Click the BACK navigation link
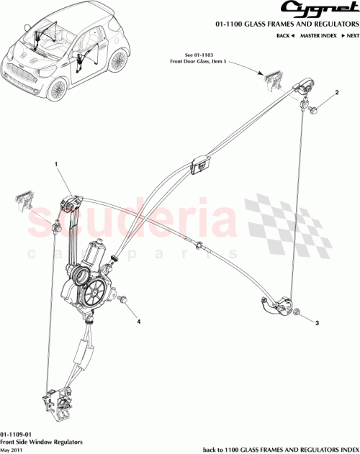pos(287,35)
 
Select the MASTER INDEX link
pos(320,35)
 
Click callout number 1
pos(55,165)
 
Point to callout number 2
pos(336,94)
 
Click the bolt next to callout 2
pos(315,109)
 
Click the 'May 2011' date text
pos(12,450)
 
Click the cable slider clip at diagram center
pos(199,166)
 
